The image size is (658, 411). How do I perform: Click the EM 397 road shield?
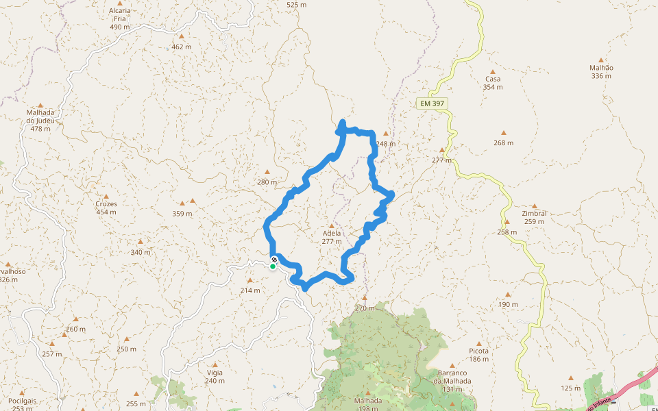pyautogui.click(x=432, y=103)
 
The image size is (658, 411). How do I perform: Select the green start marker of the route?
pyautogui.click(x=273, y=266)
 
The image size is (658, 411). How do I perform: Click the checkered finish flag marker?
pyautogui.click(x=274, y=260)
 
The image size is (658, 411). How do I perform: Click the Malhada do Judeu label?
pyautogui.click(x=40, y=121)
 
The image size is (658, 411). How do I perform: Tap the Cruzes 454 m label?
pyautogui.click(x=106, y=208)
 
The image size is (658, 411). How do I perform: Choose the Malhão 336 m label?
pyautogui.click(x=601, y=71)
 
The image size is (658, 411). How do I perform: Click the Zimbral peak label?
pyautogui.click(x=534, y=217)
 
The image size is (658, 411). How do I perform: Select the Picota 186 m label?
pyautogui.click(x=479, y=355)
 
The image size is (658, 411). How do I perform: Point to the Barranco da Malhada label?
pyautogui.click(x=452, y=381)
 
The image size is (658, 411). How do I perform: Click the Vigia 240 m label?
pyautogui.click(x=215, y=377)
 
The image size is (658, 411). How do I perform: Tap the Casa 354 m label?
pyautogui.click(x=493, y=82)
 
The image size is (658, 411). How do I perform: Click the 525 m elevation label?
pyautogui.click(x=296, y=5)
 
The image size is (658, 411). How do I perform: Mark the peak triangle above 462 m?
pyautogui.click(x=182, y=36)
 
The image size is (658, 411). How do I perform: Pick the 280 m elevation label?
pyautogui.click(x=267, y=182)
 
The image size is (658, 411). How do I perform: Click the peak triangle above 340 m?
pyautogui.click(x=141, y=242)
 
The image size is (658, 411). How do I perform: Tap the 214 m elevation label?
pyautogui.click(x=250, y=290)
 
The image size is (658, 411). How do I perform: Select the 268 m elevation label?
pyautogui.click(x=503, y=143)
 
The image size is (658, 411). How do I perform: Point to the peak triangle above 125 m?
pyautogui.click(x=570, y=377)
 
